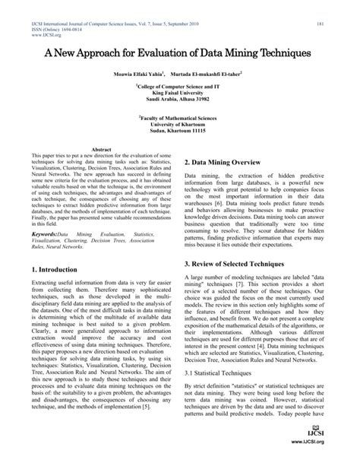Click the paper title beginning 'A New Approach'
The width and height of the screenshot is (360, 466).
(180, 55)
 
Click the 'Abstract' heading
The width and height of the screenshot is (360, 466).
(102, 151)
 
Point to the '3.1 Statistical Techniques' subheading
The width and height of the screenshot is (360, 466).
(227, 395)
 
